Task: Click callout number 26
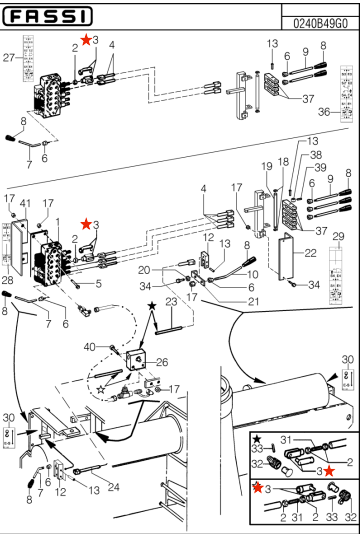point(162,362)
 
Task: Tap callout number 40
point(117,347)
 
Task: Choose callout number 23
point(172,301)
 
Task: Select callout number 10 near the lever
point(253,273)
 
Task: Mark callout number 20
point(143,270)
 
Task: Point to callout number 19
point(266,165)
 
